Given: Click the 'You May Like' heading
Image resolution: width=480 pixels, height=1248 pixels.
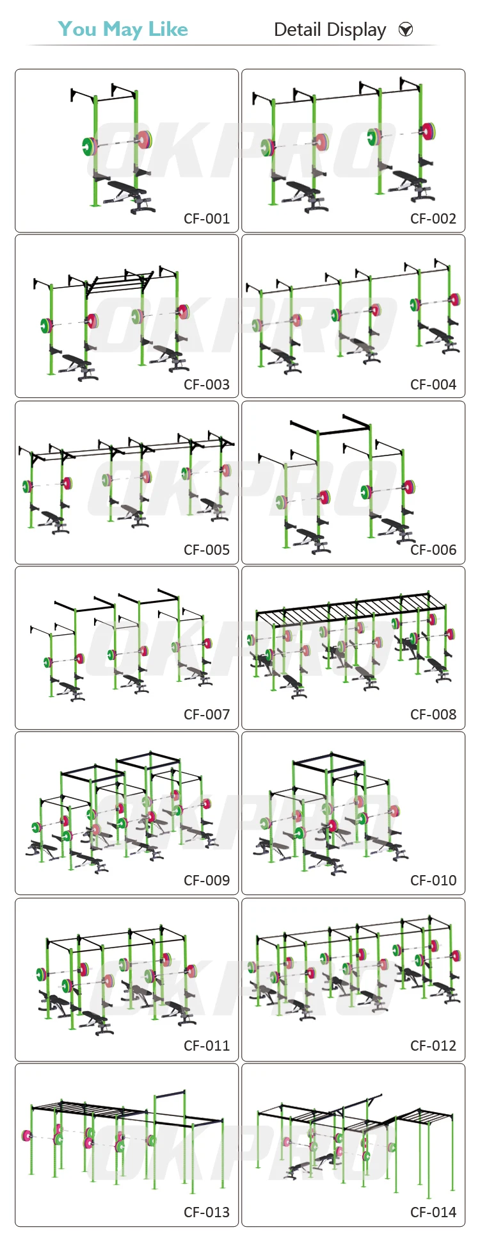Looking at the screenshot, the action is click(123, 29).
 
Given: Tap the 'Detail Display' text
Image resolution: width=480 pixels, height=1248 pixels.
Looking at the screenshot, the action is click(330, 30).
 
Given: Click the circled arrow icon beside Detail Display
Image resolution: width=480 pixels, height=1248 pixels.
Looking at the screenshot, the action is click(406, 29).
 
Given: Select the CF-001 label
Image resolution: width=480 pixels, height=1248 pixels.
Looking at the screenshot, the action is click(206, 218).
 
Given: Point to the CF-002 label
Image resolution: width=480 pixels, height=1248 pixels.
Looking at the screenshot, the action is click(433, 218).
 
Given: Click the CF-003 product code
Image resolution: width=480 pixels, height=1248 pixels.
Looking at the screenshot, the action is click(206, 384).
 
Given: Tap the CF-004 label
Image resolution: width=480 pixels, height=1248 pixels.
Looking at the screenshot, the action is click(433, 384).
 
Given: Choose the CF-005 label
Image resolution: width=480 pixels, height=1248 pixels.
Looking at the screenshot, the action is click(206, 550).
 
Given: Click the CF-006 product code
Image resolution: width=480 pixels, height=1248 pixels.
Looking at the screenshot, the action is click(433, 550).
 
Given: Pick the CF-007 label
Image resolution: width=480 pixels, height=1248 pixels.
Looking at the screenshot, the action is click(206, 714).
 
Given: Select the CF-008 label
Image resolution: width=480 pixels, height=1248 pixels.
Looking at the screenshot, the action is click(433, 714).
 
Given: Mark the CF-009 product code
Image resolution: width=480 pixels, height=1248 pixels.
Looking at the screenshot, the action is click(206, 880).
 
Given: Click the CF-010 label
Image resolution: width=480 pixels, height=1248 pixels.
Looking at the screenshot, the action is click(433, 880).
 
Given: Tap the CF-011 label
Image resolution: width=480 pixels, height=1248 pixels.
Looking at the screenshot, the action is click(206, 1046).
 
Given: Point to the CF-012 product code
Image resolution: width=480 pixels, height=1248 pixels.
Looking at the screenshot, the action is click(433, 1046).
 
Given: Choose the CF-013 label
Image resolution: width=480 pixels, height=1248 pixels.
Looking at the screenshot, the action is click(206, 1212).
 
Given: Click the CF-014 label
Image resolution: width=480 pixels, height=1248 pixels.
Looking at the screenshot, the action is click(433, 1212).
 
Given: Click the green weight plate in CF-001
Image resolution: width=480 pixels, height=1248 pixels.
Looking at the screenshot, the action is click(87, 146).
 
